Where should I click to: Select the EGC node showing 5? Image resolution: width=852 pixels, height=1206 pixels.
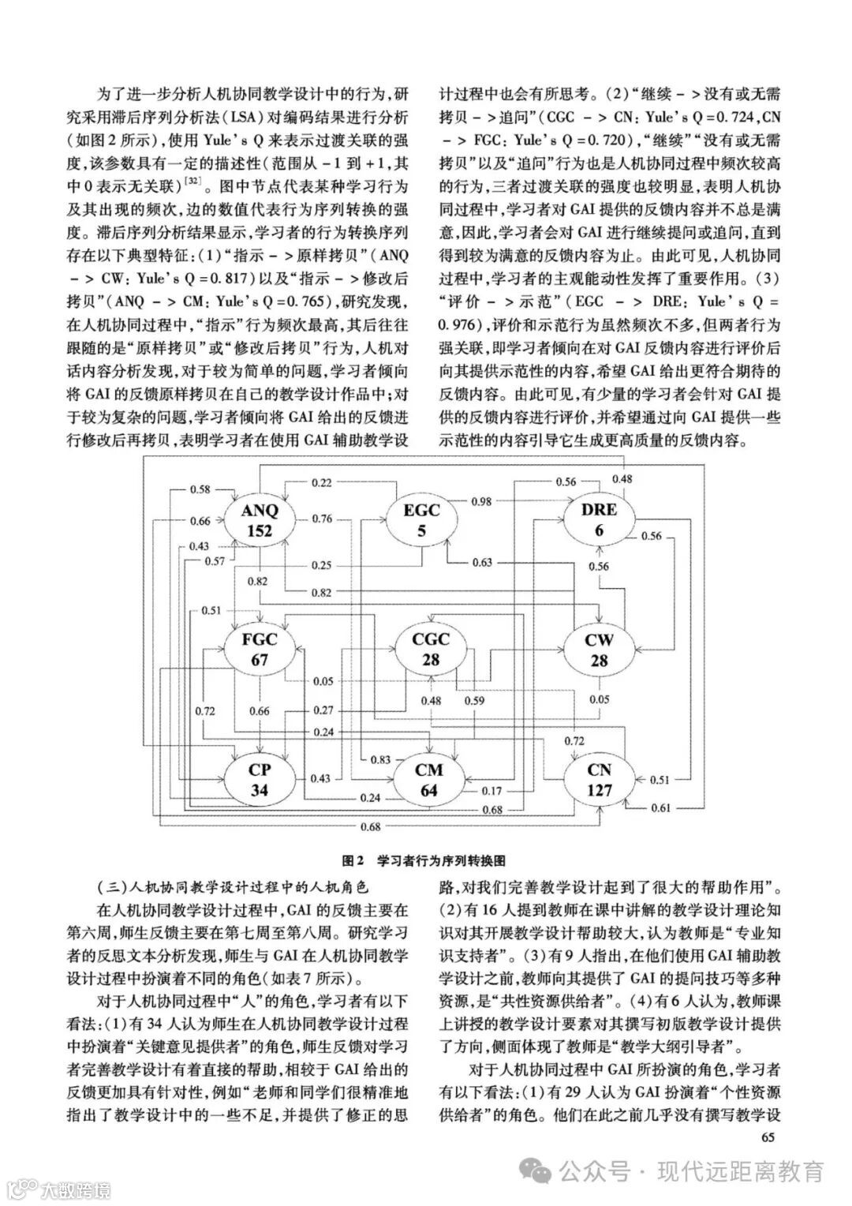click(421, 520)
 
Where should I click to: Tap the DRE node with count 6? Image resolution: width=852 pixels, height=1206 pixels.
click(599, 520)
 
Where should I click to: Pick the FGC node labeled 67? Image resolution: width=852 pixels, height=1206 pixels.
click(259, 650)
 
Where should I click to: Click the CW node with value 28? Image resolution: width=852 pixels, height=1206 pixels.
click(600, 650)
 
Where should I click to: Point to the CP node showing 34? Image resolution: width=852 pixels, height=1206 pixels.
click(259, 779)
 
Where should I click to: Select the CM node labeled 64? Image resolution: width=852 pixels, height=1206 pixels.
click(429, 779)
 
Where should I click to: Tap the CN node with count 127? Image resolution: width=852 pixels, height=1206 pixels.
click(600, 779)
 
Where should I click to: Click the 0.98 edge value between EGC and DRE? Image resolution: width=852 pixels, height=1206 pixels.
click(482, 502)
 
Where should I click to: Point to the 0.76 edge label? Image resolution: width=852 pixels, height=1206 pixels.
click(321, 519)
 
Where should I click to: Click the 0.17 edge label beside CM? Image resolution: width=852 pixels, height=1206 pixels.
click(491, 790)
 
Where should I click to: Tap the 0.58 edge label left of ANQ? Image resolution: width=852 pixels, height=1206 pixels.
click(200, 490)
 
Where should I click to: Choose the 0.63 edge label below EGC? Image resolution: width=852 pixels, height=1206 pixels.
click(482, 563)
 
